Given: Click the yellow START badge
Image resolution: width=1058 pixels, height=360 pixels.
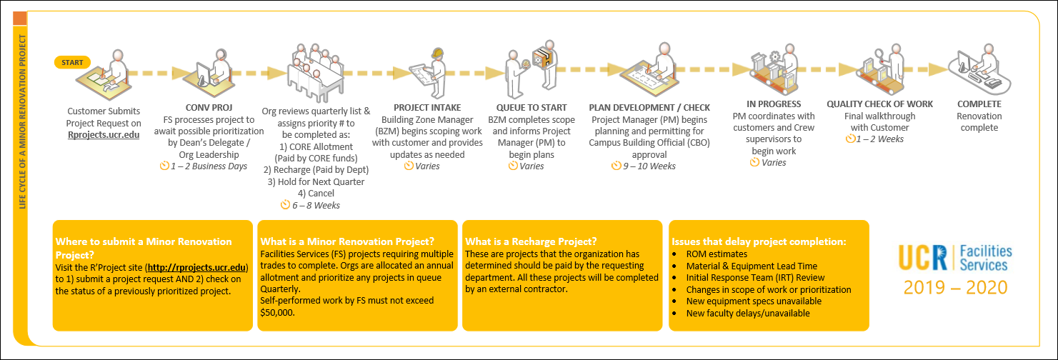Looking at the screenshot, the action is [72, 62].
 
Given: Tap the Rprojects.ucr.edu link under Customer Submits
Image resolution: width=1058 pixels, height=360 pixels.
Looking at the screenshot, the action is [104, 135].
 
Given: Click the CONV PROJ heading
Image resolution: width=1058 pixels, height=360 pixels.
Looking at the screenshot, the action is [209, 108].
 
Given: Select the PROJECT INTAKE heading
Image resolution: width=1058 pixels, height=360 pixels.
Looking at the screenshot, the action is [427, 108].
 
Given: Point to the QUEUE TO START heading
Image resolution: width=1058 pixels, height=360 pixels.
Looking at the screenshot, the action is [532, 108].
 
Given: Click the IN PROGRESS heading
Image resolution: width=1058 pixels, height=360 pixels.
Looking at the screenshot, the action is [774, 104].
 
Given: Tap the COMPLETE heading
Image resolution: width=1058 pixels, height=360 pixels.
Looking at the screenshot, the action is [979, 104].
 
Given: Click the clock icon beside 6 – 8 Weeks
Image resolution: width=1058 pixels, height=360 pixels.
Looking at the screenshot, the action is [285, 204].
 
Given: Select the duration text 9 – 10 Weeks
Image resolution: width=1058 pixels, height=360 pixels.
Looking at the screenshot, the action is [649, 166].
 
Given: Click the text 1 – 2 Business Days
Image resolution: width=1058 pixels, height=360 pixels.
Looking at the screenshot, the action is [209, 166].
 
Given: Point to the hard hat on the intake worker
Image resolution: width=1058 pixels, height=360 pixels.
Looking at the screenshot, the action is [437, 52].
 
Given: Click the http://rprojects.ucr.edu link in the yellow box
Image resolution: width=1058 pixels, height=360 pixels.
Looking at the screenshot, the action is [196, 267].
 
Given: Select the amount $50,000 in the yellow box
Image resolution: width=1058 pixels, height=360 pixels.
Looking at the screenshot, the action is [276, 312].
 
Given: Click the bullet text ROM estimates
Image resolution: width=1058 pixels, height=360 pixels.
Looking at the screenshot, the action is [717, 254].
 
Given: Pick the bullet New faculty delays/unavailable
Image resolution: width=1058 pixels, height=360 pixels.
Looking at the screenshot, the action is [748, 314].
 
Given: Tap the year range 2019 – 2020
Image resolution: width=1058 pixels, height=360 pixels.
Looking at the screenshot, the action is [955, 287].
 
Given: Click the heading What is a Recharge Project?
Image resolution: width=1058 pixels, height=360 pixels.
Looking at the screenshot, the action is [531, 241].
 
